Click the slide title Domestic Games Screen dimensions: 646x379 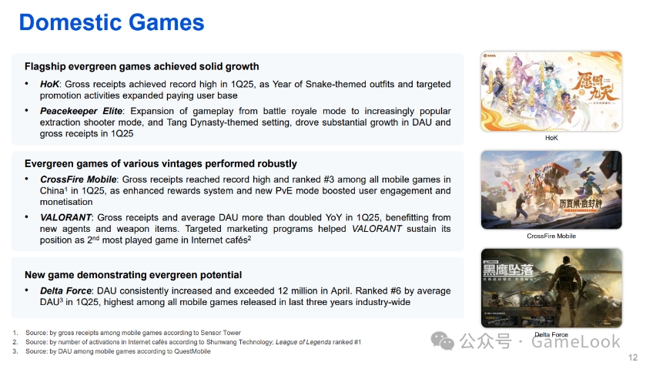coord(112,22)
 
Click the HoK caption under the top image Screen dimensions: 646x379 coord(551,138)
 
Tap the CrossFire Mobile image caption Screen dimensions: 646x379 coord(551,236)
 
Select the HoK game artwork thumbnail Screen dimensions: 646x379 coord(551,91)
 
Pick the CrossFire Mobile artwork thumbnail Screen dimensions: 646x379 coord(551,189)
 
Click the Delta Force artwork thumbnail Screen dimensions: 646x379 coord(551,288)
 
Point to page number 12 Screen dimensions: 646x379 coord(633,357)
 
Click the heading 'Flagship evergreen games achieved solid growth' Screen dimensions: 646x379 coord(142,66)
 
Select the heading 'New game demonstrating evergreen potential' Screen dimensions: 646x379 coord(133,275)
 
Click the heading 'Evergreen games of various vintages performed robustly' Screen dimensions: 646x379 coord(161,164)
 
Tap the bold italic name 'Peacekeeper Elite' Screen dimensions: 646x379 coord(81,111)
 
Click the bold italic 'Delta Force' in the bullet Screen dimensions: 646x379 coord(66,290)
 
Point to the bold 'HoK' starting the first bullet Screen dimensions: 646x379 coord(49,84)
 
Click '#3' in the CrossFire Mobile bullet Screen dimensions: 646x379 coord(329,179)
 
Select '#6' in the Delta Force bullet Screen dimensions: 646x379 coord(396,290)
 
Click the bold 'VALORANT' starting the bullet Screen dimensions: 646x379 coord(65,217)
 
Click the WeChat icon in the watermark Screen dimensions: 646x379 coord(442,341)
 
